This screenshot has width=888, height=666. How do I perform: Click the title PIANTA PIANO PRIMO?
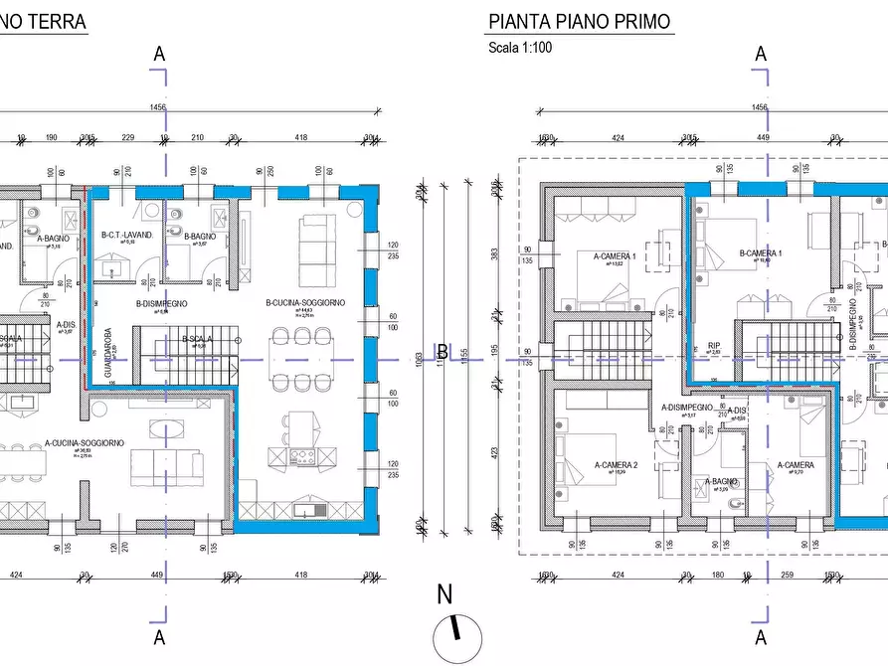point(579,22)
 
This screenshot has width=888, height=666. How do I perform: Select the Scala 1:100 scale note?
point(519,47)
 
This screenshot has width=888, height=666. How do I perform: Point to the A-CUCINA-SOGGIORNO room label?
point(85,443)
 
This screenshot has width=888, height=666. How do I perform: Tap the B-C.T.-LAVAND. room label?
point(127,235)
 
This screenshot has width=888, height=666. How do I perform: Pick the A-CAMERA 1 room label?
point(615,255)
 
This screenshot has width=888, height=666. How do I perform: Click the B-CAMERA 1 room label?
point(761,253)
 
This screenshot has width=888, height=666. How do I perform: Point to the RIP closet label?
point(714,347)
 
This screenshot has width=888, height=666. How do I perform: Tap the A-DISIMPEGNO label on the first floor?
point(687,408)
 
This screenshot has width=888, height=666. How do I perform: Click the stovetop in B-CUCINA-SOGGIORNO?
point(302,457)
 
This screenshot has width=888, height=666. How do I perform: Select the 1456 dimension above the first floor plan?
point(760,106)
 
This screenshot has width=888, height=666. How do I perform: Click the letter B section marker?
point(443,352)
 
